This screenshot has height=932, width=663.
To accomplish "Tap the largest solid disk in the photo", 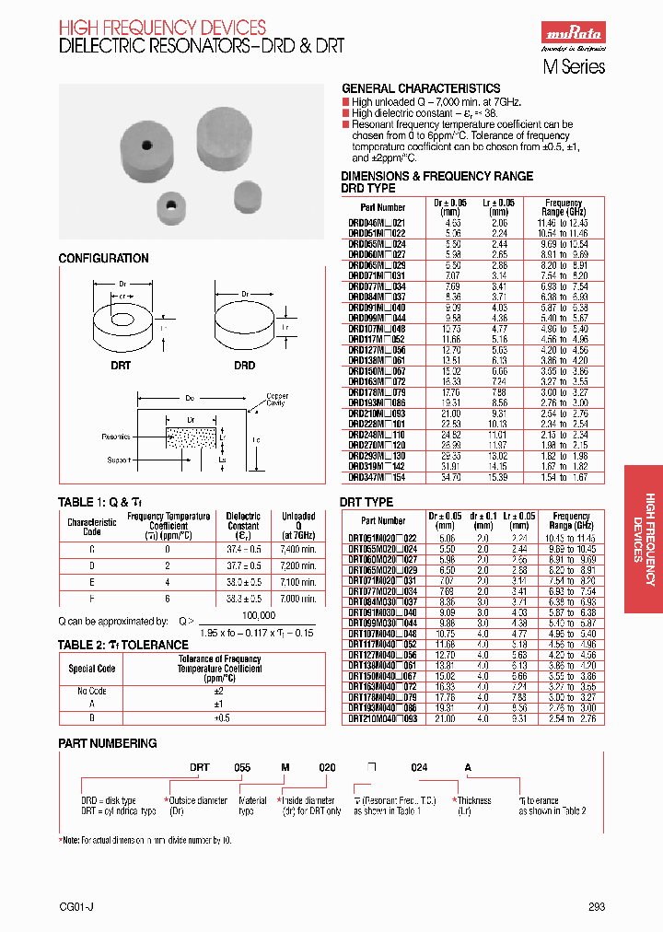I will pos(224,134).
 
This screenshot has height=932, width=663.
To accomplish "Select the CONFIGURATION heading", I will pos(103,259).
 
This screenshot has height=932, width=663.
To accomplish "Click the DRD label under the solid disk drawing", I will pos(244,366).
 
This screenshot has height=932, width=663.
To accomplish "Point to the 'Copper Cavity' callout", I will pos(276,400).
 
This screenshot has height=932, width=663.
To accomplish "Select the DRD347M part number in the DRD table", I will pos(377,478).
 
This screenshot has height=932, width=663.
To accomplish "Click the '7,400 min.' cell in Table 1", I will pos(298,548).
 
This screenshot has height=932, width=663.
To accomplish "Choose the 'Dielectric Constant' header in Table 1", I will pos(243,522).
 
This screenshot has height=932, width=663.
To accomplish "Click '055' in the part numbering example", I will pos(241,767).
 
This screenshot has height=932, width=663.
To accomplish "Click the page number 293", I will pos(597,907).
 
